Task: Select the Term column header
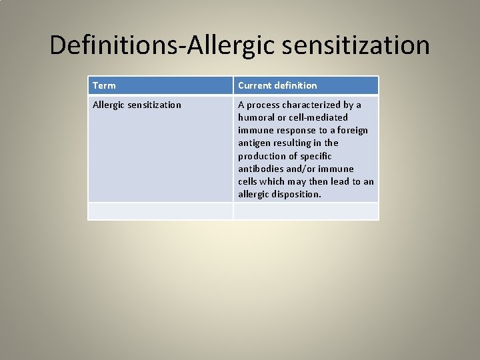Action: (x=104, y=85)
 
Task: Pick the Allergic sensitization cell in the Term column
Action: (x=137, y=105)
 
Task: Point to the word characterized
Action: (x=311, y=105)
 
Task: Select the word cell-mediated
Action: (x=317, y=117)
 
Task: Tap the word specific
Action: (x=317, y=156)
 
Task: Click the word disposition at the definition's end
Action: (x=297, y=194)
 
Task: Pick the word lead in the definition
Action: (x=339, y=181)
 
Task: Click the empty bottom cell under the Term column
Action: (x=160, y=211)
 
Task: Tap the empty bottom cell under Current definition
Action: (x=305, y=211)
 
